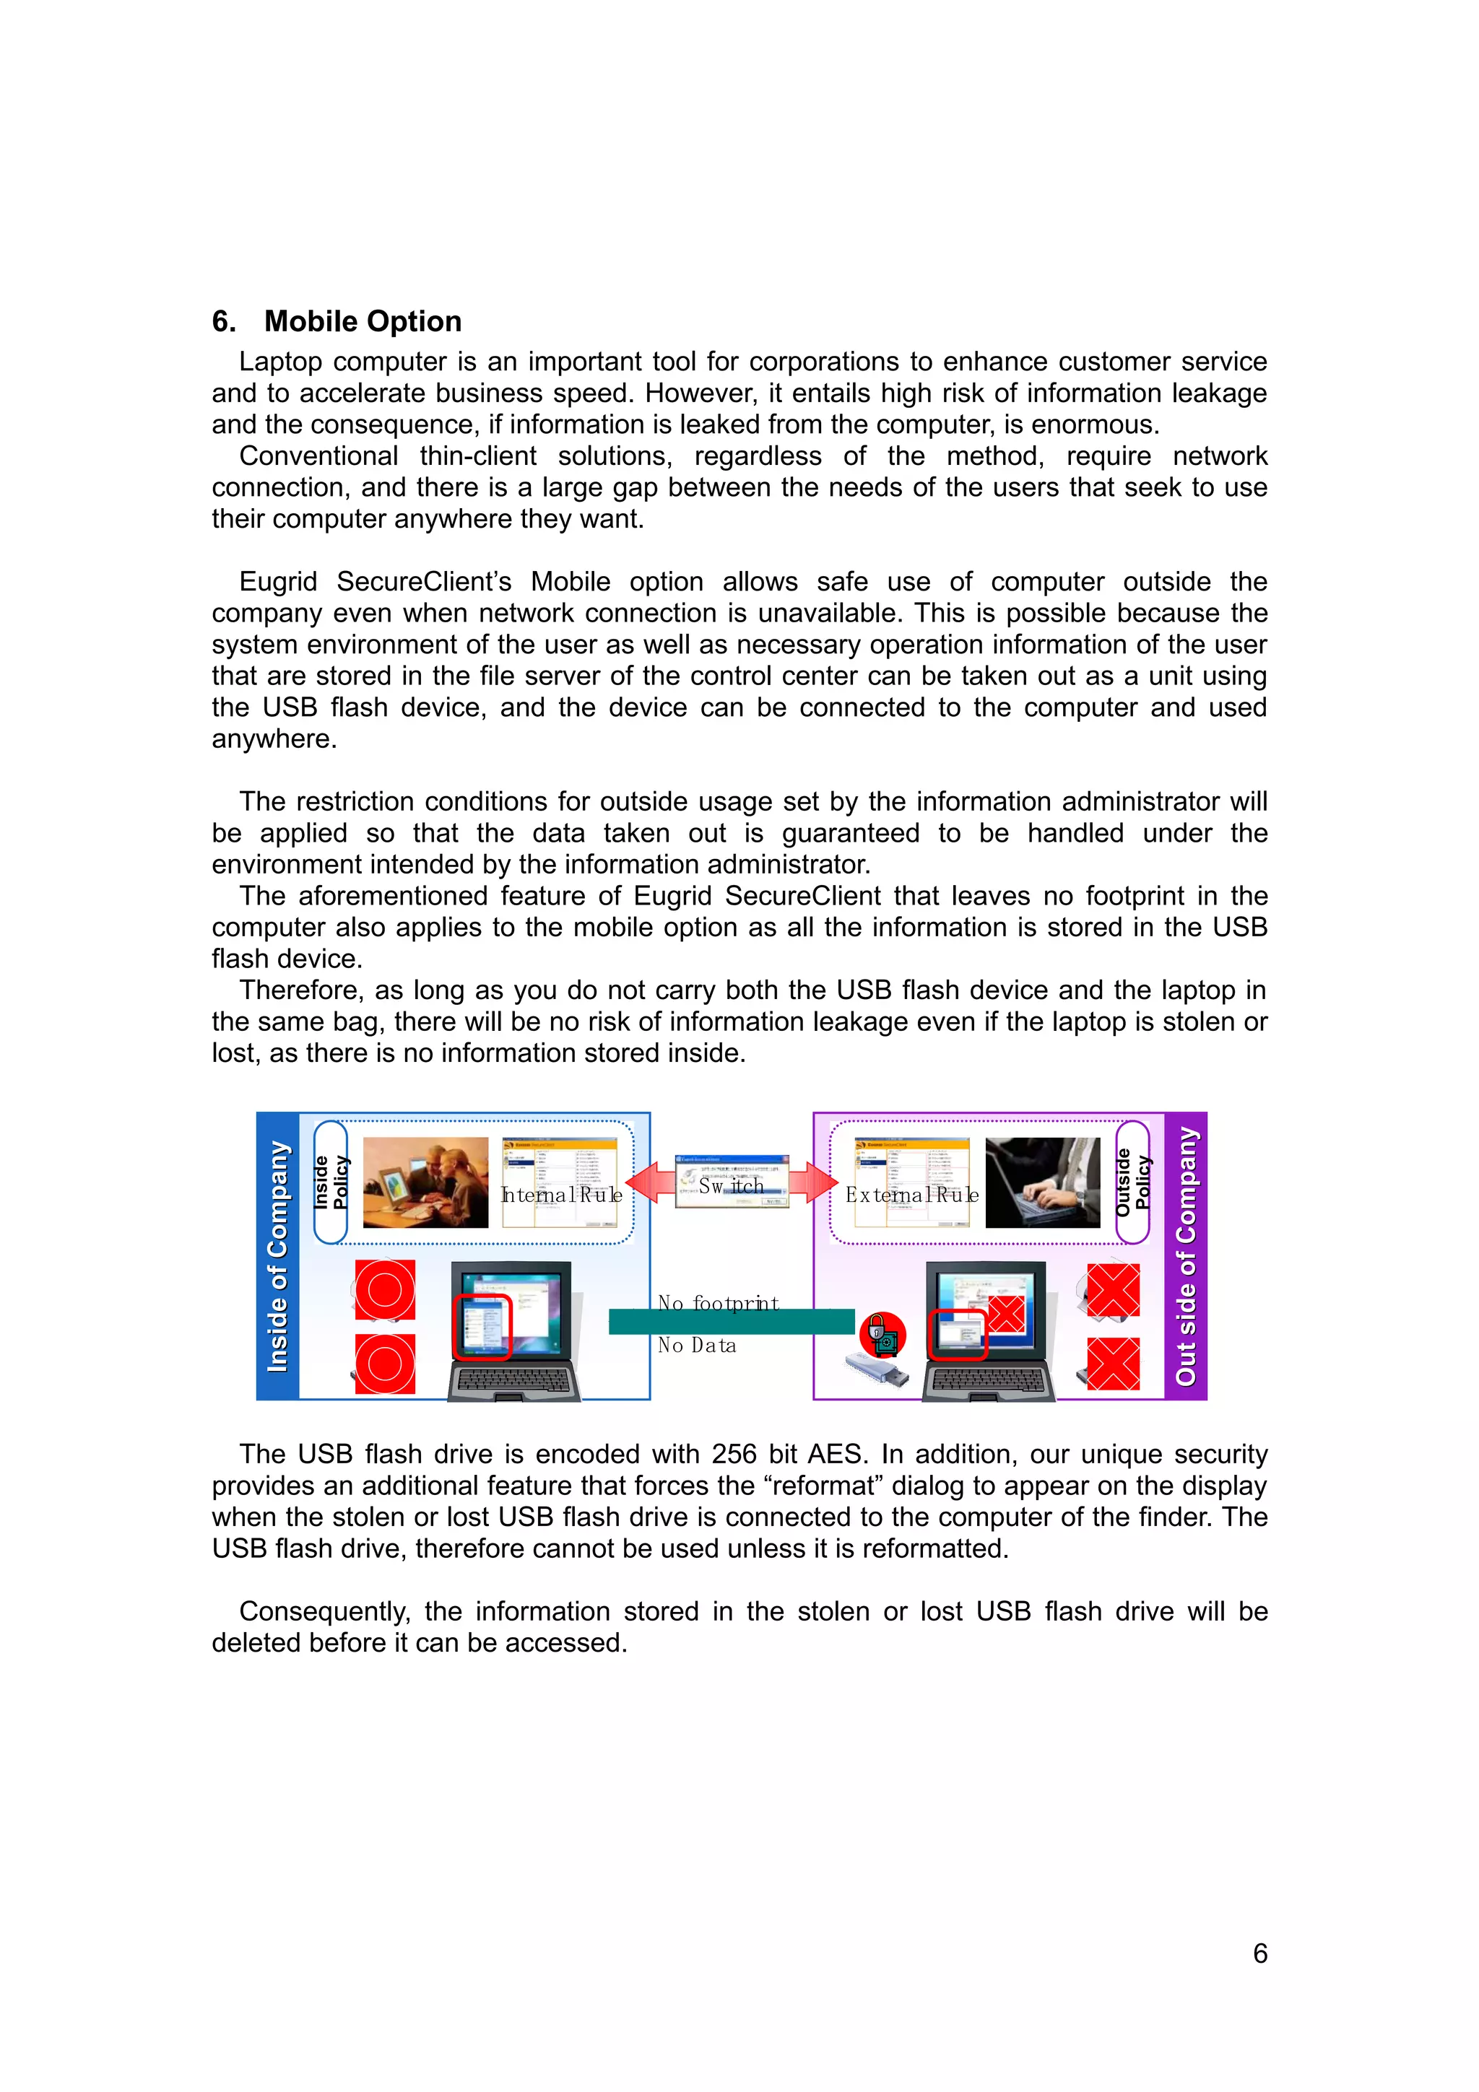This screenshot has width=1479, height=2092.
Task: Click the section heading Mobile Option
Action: [x=362, y=322]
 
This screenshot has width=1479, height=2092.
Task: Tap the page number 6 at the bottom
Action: [x=1259, y=1953]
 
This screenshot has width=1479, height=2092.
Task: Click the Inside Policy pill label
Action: [x=331, y=1182]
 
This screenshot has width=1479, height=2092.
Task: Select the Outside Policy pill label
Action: [x=1132, y=1182]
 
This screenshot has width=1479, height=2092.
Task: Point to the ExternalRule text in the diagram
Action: [x=911, y=1195]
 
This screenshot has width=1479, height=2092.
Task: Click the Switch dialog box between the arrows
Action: [x=732, y=1182]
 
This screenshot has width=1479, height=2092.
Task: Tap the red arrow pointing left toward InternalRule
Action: [x=650, y=1182]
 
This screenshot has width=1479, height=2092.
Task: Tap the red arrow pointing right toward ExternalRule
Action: [x=813, y=1182]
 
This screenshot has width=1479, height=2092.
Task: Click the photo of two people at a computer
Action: [x=425, y=1182]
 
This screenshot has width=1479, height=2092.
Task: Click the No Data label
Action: [x=697, y=1346]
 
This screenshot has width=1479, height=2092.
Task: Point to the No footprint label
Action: [x=718, y=1303]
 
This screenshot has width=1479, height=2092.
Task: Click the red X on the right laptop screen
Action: [x=1006, y=1314]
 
